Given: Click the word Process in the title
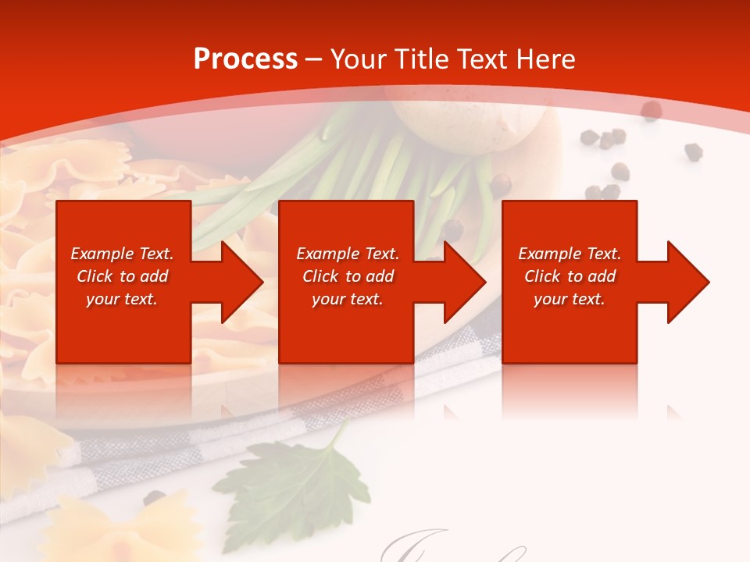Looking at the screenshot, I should point(245,59).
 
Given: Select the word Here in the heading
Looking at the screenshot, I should point(547,59).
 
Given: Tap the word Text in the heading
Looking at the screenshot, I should point(486,59).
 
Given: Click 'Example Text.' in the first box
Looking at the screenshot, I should point(122,254).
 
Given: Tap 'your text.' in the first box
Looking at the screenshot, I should point(122,299).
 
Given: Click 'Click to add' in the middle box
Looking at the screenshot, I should point(348,276).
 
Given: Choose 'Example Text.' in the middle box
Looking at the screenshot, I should point(348,254).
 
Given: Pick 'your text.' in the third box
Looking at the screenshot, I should point(570,299).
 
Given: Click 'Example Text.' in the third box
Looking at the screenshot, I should point(570,254).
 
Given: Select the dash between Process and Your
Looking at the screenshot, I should point(314,60).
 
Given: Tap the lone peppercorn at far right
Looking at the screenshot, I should point(693,151).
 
